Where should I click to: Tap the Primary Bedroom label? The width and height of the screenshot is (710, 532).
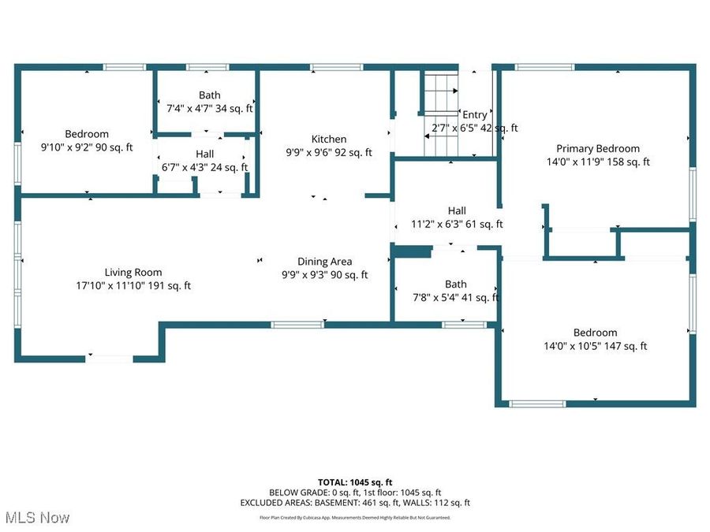tap(598, 149)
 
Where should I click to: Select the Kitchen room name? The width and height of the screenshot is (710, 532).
tap(329, 140)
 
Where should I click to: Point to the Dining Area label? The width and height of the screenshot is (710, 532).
tap(324, 262)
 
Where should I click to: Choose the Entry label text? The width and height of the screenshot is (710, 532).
tap(475, 115)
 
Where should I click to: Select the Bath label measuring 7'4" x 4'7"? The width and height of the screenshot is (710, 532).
tap(210, 95)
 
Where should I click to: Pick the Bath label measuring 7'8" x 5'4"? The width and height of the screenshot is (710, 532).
tap(455, 285)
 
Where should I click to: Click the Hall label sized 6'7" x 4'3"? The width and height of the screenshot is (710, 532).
tap(204, 154)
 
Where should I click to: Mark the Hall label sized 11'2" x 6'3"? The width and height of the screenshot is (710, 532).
tap(457, 211)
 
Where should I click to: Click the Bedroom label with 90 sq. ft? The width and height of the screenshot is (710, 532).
tap(87, 134)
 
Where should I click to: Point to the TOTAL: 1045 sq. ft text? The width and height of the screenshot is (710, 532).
tap(355, 482)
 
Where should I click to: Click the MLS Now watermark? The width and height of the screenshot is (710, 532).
tap(37, 518)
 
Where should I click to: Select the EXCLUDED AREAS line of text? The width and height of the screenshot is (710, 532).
tap(355, 502)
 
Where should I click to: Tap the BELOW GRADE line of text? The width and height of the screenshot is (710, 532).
tap(355, 492)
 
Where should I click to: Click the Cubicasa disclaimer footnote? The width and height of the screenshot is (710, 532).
tap(355, 518)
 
